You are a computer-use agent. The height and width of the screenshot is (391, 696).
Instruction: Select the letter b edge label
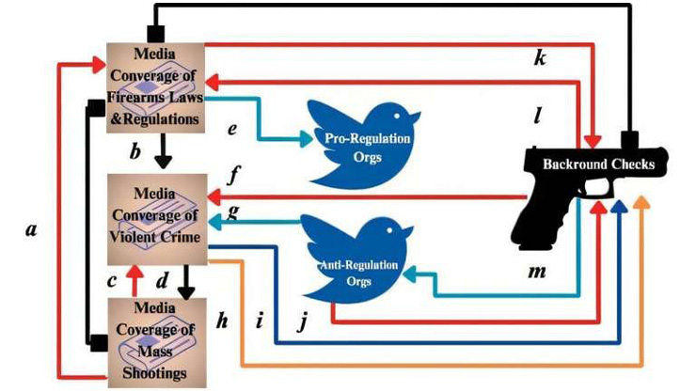pyautogui.click(x=135, y=151)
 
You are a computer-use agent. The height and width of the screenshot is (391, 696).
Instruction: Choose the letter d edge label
pyautogui.click(x=161, y=279)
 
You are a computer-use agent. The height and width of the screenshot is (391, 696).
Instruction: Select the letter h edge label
pyautogui.click(x=222, y=321)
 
